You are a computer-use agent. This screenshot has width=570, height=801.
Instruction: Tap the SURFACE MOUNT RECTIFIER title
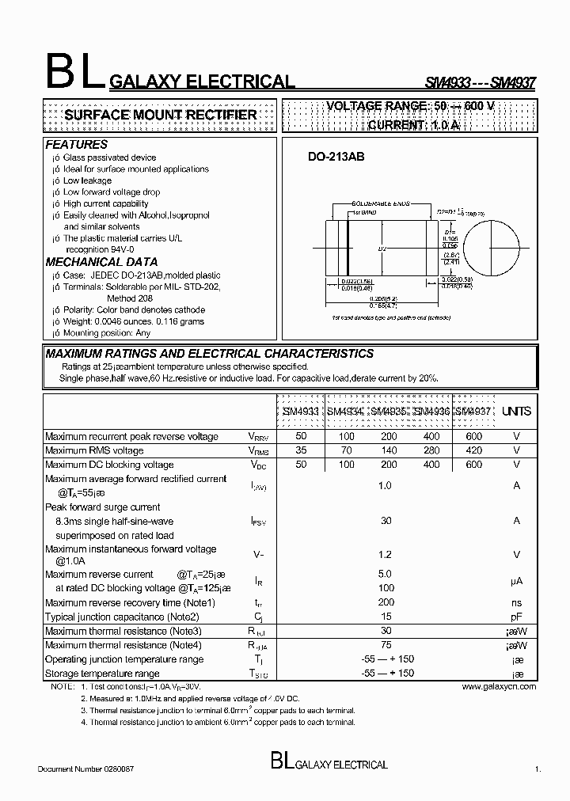tap(160, 116)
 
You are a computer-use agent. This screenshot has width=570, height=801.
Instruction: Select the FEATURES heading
tap(76, 145)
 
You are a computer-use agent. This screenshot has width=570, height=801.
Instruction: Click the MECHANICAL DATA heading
tap(101, 262)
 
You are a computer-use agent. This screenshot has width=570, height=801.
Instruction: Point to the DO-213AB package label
tap(336, 158)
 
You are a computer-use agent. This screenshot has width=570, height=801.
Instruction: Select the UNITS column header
tap(516, 412)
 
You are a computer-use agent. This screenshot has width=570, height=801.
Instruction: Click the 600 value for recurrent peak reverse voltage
tap(473, 437)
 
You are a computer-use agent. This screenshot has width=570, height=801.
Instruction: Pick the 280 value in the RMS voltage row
tap(431, 450)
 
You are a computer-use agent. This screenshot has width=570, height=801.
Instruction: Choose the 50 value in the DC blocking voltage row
tap(301, 465)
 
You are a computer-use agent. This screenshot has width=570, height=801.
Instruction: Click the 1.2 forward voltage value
tap(386, 555)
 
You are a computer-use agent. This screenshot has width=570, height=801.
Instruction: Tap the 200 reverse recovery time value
tap(386, 602)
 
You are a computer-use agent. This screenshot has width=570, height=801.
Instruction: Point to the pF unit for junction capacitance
tap(516, 617)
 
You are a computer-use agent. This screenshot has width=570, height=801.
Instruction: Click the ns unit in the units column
tap(516, 602)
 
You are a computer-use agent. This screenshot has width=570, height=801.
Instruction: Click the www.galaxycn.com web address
tap(498, 686)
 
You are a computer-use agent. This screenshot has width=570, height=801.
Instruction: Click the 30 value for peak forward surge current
tap(386, 521)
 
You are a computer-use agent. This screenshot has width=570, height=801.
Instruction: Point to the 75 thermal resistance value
tap(386, 645)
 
